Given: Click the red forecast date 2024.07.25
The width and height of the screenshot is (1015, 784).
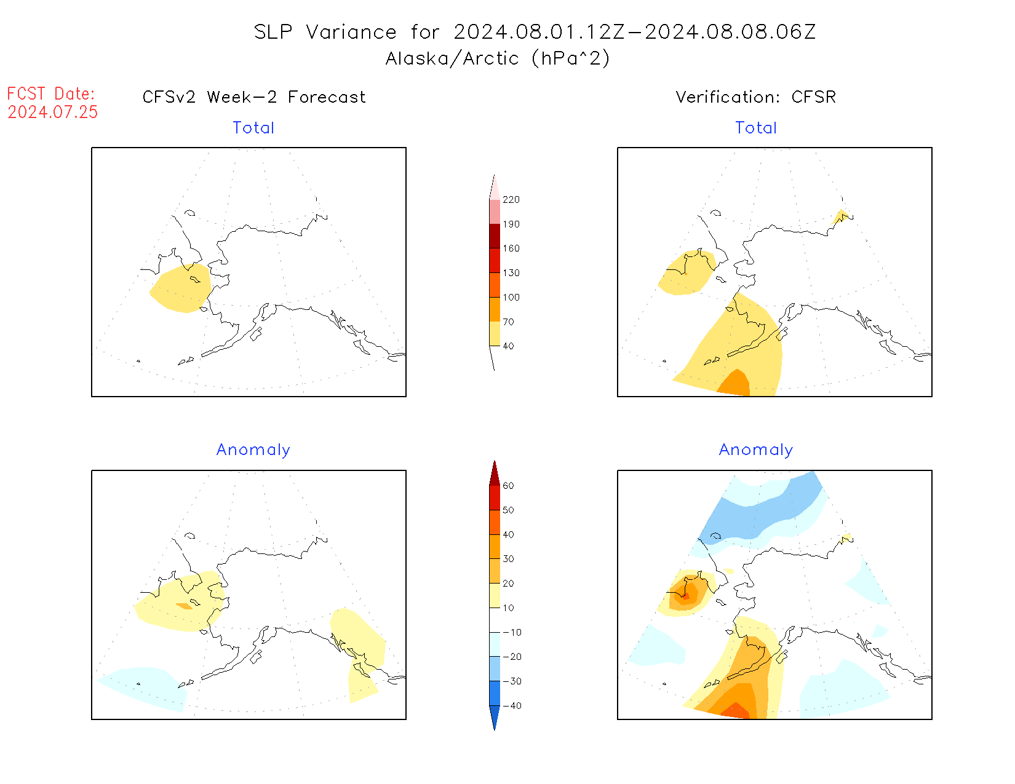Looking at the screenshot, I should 53,112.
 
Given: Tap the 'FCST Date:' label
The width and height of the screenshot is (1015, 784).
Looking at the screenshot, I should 51,93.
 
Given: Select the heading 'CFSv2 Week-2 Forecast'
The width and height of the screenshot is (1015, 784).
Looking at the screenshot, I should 254,97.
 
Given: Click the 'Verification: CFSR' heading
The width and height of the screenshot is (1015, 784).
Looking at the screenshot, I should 755,97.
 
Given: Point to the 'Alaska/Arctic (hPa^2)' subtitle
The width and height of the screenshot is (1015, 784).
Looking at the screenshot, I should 498,58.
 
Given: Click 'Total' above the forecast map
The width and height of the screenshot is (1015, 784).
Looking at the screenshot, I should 253,128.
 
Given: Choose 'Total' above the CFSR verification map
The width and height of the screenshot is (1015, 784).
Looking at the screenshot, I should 756,128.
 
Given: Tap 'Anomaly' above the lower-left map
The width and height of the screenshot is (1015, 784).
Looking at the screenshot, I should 253,449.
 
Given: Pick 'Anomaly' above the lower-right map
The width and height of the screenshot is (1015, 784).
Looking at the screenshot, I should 756,449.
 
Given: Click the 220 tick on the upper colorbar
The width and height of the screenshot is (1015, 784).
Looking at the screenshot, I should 511,200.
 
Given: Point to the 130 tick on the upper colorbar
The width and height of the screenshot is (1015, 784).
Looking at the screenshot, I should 511,273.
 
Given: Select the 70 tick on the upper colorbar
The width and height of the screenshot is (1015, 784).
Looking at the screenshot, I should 508,322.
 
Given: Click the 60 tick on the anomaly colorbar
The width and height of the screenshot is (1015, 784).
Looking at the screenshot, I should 508,486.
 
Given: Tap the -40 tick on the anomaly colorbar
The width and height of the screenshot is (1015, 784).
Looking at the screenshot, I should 512,706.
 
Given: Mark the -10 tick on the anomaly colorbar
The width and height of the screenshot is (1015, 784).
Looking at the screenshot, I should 512,632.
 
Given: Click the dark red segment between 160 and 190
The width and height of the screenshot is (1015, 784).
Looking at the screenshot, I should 495,236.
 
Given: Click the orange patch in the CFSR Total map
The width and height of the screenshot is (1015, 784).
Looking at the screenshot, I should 734,384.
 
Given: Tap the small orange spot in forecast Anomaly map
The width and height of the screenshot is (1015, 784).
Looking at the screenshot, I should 185,606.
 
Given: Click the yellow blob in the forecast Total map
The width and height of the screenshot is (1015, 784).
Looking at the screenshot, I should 180,289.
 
